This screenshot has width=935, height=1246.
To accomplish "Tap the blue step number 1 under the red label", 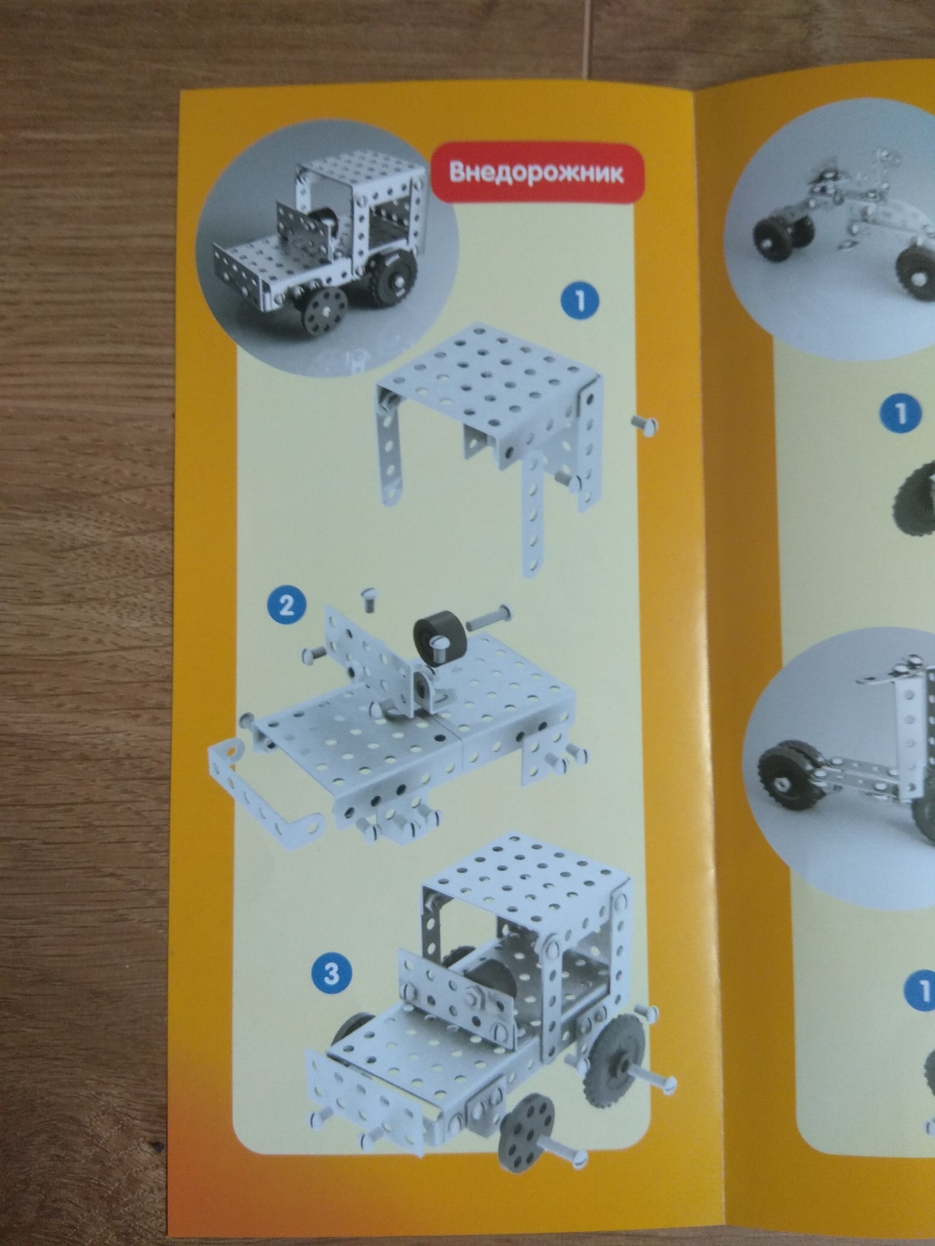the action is [580, 301].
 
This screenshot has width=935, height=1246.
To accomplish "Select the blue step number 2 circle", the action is [286, 607].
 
